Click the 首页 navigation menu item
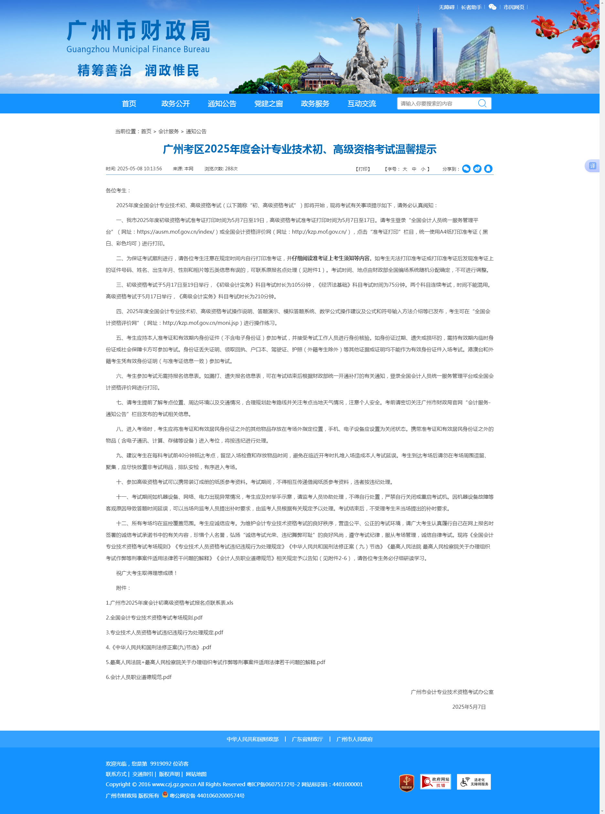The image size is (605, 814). click(x=129, y=104)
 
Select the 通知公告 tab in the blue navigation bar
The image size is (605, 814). click(x=222, y=104)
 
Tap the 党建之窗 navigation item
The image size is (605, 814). click(x=269, y=104)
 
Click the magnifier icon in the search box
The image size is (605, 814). click(x=482, y=103)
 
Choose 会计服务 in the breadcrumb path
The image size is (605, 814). click(x=168, y=132)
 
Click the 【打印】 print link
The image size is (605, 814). click(x=363, y=169)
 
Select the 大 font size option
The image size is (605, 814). click(x=405, y=169)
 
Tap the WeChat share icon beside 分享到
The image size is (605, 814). click(x=466, y=168)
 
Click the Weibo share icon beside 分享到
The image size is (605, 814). click(x=477, y=168)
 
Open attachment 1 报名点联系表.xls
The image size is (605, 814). click(x=169, y=603)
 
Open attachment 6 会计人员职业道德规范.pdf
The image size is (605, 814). click(x=138, y=677)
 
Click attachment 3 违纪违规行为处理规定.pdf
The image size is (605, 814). click(x=165, y=632)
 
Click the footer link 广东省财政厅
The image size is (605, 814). click(x=307, y=739)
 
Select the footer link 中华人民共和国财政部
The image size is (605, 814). click(x=252, y=739)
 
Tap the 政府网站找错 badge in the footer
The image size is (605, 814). click(x=435, y=781)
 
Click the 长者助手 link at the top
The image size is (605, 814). click(x=471, y=7)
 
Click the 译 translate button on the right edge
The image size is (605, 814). click(x=592, y=166)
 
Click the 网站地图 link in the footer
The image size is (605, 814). click(x=196, y=774)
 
